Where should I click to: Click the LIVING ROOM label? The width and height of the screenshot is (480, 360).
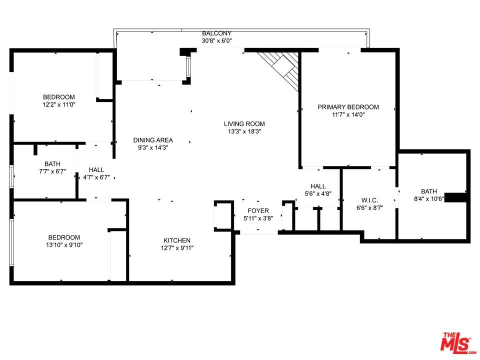tap(244, 124)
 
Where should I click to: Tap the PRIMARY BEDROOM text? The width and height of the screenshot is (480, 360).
tap(348, 107)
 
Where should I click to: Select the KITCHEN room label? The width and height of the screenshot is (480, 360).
tap(177, 240)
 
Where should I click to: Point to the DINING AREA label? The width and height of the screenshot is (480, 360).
tap(153, 140)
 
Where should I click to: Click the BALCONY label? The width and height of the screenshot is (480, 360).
tap(216, 33)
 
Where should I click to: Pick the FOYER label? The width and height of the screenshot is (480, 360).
tap(258, 210)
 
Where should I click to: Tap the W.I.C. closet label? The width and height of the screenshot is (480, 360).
tap(370, 200)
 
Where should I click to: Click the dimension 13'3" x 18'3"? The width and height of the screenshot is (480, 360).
tap(244, 131)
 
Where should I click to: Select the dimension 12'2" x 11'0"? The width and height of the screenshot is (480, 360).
tap(59, 104)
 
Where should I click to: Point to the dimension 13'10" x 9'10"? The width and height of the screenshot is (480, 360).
tap(64, 245)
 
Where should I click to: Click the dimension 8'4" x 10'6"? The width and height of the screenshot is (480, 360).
tap(429, 199)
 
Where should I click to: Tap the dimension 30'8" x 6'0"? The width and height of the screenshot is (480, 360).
tap(216, 40)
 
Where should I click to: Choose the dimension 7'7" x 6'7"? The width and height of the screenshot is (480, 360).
tap(52, 171)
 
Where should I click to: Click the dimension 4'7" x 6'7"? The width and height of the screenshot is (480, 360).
tap(96, 177)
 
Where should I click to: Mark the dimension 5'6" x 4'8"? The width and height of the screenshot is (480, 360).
tap(318, 193)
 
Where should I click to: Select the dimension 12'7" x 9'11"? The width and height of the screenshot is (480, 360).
tap(177, 248)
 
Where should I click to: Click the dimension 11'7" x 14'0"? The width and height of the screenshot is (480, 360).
tap(348, 115)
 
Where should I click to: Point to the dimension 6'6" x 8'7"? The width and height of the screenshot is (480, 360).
tap(370, 208)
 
